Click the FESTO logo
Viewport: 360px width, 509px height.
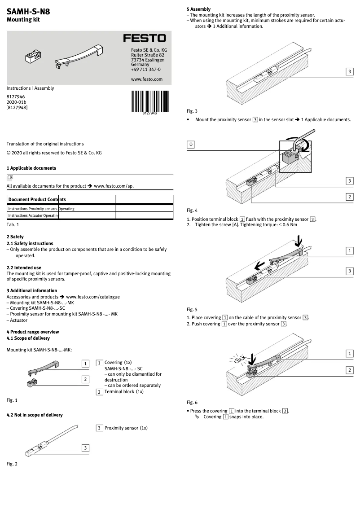click(145, 39)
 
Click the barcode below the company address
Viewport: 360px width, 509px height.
click(149, 101)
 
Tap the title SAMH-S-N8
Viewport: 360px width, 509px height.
click(28, 12)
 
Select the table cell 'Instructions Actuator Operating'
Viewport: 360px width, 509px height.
click(34, 216)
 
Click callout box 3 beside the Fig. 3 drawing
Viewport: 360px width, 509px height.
click(349, 72)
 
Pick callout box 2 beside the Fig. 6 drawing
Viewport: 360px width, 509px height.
click(349, 370)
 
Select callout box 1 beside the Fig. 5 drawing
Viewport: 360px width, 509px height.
click(349, 251)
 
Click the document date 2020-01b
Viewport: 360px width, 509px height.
click(16, 102)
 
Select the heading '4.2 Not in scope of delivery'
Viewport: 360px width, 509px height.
click(35, 415)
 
